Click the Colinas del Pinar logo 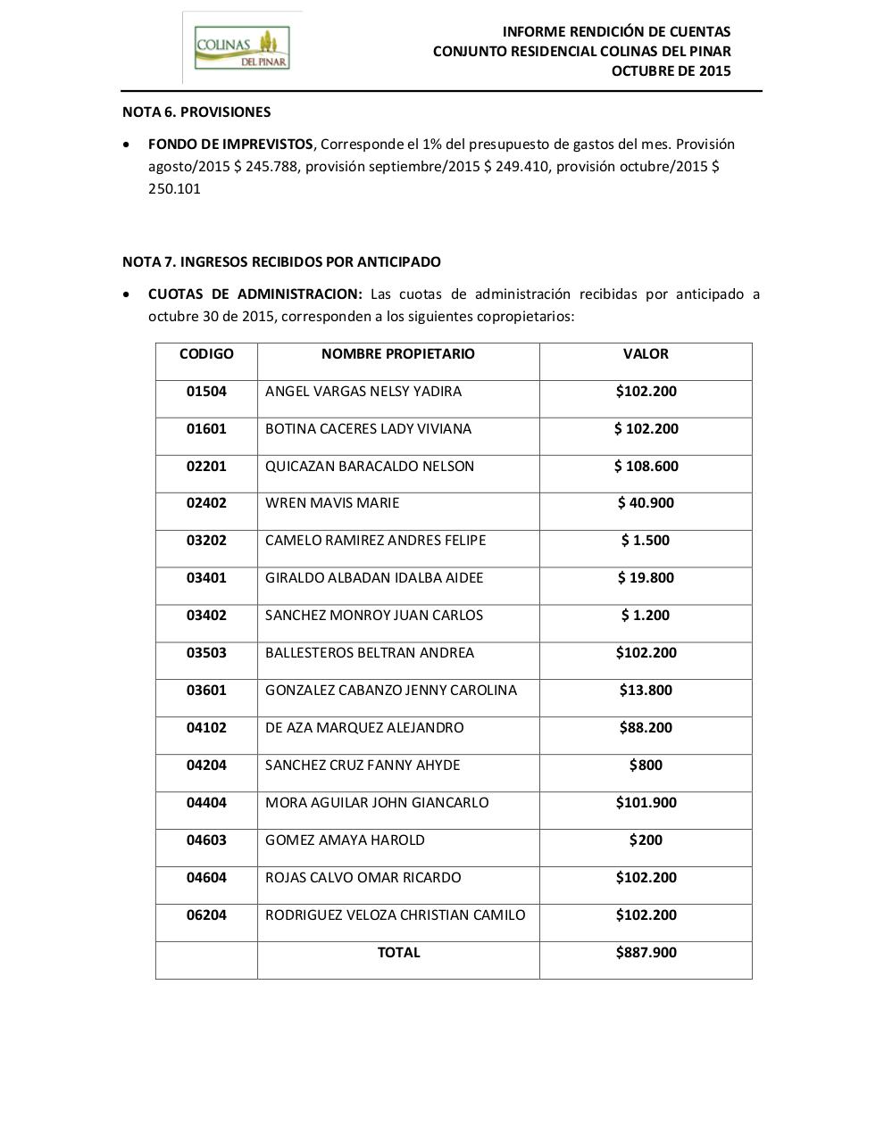(242, 47)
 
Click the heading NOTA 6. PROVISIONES (196, 112)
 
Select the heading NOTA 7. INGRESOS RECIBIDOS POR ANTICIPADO (281, 262)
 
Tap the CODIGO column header (206, 354)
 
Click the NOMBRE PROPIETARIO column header (398, 354)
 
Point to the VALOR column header (646, 354)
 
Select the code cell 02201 (206, 467)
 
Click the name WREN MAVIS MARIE (332, 503)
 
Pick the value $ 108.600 (646, 467)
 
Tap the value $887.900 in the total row (646, 953)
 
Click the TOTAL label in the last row (398, 953)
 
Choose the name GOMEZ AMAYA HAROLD (345, 840)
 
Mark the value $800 (646, 765)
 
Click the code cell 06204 (206, 915)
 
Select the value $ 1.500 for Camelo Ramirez (646, 541)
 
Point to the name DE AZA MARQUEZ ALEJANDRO (364, 728)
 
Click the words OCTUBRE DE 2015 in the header (671, 71)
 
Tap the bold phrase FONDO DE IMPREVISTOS (230, 145)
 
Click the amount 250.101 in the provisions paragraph (174, 189)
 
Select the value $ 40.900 (646, 503)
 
